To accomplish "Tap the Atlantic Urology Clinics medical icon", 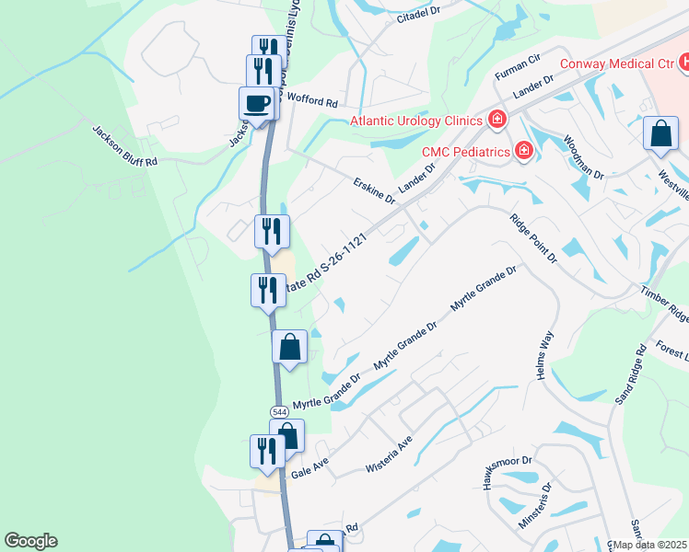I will coord(497,120).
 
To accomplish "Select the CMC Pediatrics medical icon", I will coord(523,150).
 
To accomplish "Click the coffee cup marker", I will coord(257,103).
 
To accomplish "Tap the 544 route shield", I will coord(278,410).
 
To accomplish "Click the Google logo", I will coord(30,541).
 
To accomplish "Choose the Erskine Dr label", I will coord(374,191).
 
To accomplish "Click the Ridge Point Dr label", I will coord(534,238).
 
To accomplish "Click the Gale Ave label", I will coord(309,470).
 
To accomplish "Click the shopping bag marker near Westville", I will coord(660,134).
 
